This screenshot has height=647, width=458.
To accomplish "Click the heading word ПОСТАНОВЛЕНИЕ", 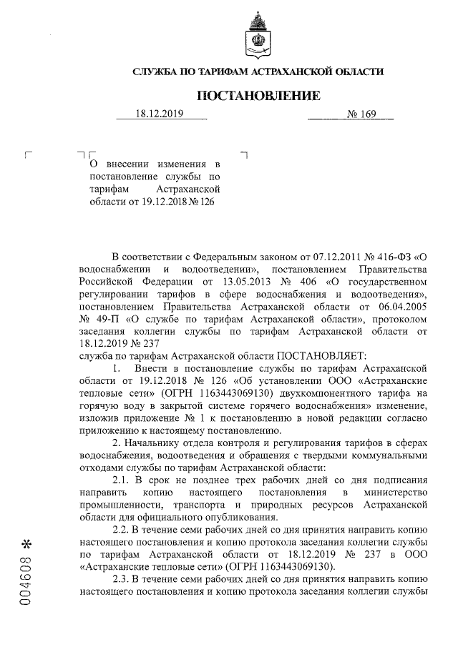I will [258, 95].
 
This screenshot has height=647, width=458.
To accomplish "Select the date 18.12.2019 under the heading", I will [160, 114].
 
